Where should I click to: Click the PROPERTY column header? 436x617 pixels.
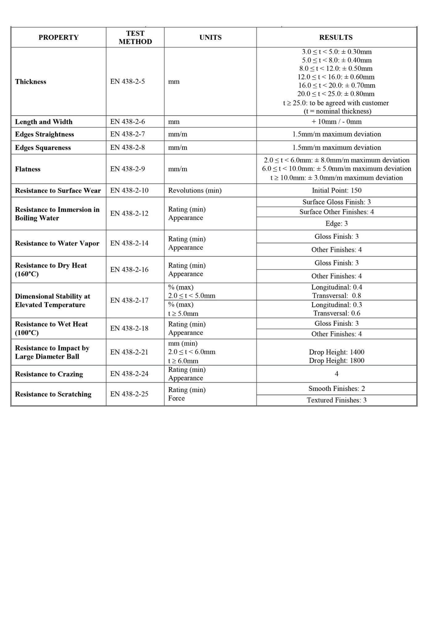(x=58, y=37)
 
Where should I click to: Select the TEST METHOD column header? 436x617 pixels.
(x=135, y=37)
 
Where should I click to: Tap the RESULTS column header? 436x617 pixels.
(x=336, y=37)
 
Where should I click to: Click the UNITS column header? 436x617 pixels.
(x=210, y=37)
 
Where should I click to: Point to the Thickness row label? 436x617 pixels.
(x=31, y=81)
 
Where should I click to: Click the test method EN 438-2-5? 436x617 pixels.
(x=127, y=81)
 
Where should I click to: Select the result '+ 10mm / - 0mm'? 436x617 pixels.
(x=336, y=122)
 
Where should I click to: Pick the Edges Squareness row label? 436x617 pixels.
(x=43, y=148)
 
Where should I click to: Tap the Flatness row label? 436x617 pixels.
(x=28, y=169)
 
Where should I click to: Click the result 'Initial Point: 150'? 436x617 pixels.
(x=336, y=190)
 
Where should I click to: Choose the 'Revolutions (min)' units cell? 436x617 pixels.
(x=195, y=190)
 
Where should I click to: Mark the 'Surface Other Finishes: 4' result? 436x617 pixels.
(x=336, y=212)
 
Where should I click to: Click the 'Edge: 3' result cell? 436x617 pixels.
(x=336, y=223)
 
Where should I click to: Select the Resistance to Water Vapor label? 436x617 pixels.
(x=57, y=243)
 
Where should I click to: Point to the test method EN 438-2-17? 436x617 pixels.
(x=129, y=300)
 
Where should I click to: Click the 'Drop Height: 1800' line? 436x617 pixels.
(x=336, y=361)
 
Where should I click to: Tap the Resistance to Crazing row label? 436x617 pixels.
(x=49, y=374)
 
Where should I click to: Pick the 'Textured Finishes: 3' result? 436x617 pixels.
(x=336, y=400)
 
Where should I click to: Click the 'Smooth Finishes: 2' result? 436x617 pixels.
(x=336, y=388)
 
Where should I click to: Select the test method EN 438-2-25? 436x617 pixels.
(x=129, y=394)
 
